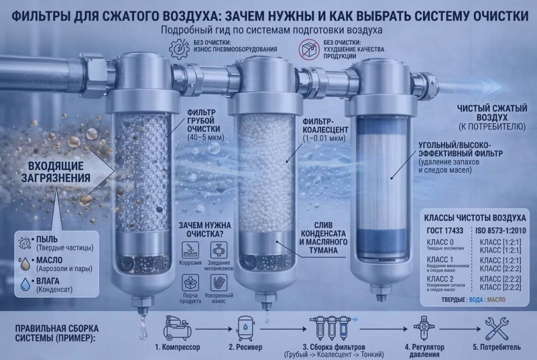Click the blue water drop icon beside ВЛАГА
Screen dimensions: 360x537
click(24, 284)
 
